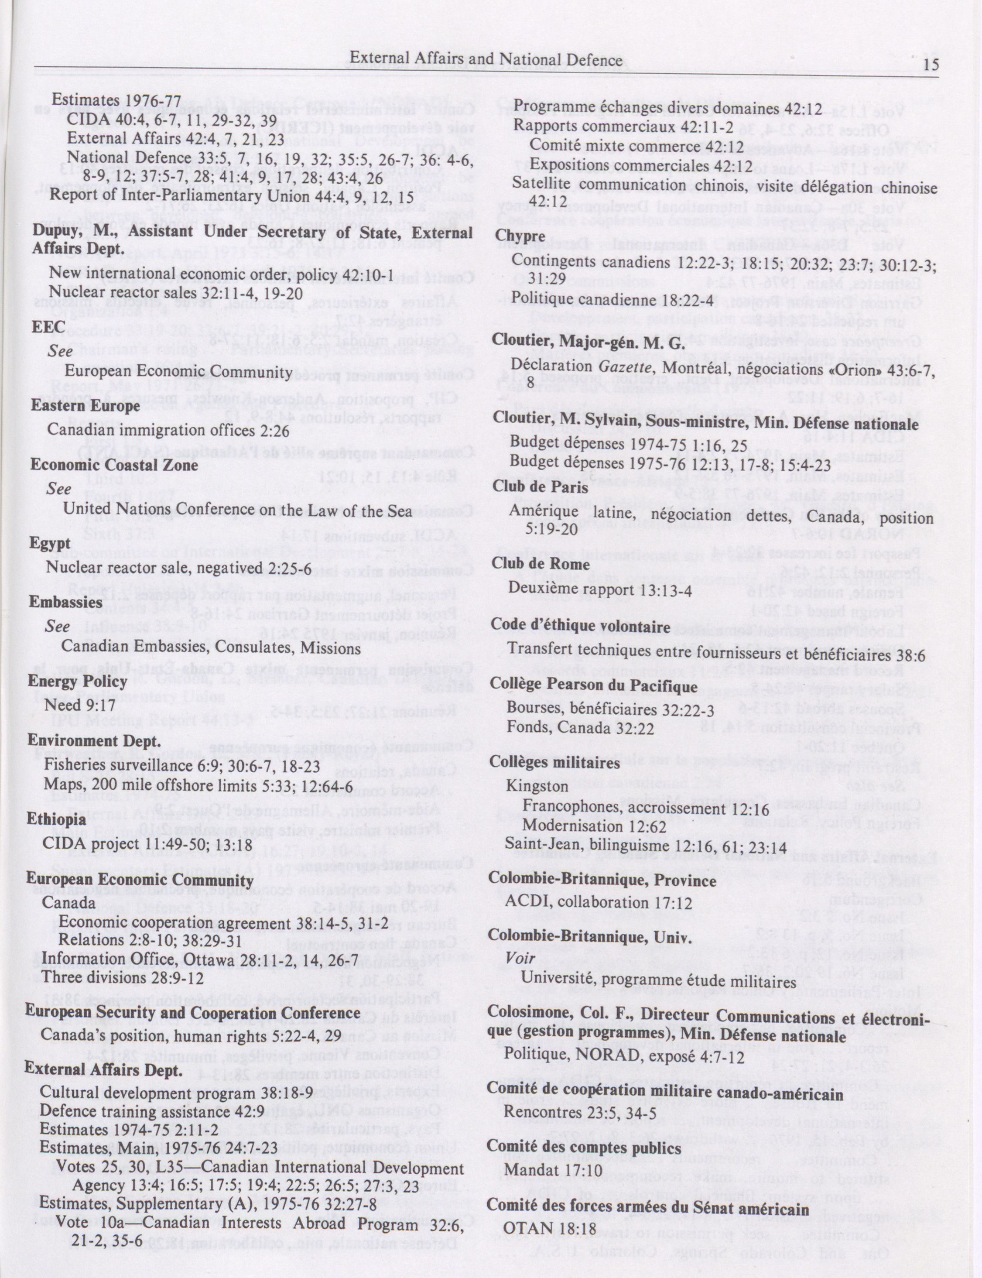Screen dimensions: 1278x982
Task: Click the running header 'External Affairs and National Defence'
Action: pyautogui.click(x=486, y=59)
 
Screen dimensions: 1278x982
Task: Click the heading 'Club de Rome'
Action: pyautogui.click(x=541, y=563)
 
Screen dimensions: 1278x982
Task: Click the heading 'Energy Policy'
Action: pyautogui.click(x=77, y=681)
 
